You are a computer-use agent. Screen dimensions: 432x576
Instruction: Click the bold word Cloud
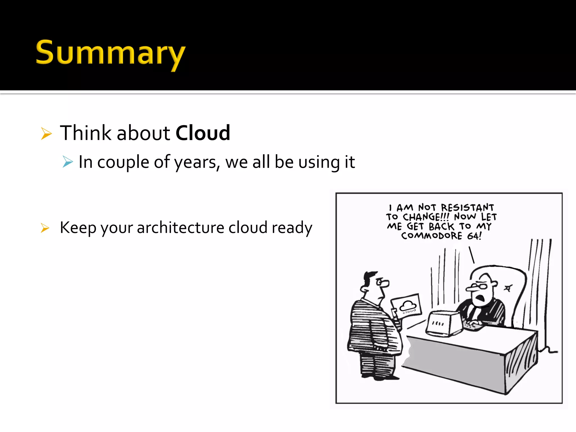(203, 133)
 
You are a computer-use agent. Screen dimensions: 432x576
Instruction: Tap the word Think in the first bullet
(86, 133)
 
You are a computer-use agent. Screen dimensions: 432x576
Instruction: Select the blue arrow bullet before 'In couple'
(68, 162)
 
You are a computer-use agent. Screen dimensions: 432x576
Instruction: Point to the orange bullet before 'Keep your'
(45, 228)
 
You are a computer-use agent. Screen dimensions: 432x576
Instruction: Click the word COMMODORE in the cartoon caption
(431, 236)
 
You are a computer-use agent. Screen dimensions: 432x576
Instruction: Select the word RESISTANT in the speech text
(467, 208)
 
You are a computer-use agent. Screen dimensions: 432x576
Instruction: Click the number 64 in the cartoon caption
(473, 236)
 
